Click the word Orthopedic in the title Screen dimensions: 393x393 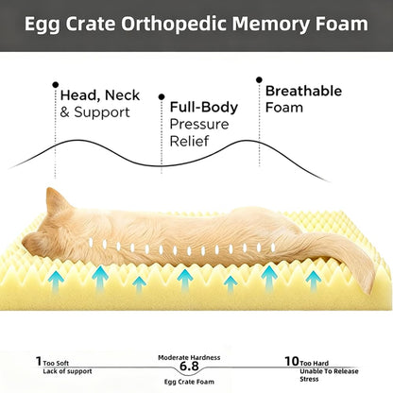(x=174, y=25)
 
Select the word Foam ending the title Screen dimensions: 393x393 (x=342, y=24)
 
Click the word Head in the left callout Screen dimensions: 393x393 (x=78, y=95)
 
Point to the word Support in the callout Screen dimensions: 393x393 (x=102, y=112)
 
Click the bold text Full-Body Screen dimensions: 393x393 (x=204, y=108)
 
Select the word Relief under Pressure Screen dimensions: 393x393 (x=189, y=141)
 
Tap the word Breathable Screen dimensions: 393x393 (x=303, y=91)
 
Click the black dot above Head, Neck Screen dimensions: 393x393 (x=56, y=85)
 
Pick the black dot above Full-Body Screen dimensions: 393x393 (x=162, y=96)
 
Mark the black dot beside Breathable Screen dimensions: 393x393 (x=259, y=79)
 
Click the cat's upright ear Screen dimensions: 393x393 (x=56, y=200)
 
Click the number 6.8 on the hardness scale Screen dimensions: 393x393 (x=189, y=367)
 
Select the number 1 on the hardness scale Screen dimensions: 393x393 (x=39, y=361)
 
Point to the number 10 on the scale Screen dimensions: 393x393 (x=292, y=361)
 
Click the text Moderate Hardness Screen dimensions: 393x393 (x=189, y=358)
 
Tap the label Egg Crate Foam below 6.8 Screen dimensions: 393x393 (x=189, y=382)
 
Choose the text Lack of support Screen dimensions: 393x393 (x=67, y=371)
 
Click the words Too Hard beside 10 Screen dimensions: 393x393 (x=315, y=364)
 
